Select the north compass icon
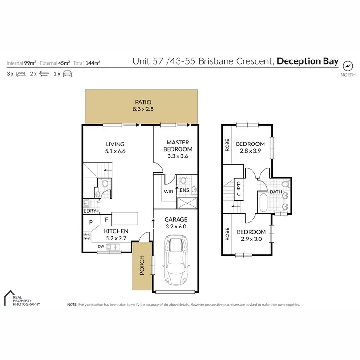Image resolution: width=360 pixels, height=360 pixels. pos(348,67)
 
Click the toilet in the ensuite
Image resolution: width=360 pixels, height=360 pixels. pos(183,181)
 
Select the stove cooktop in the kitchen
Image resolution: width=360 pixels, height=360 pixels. pos(87,236)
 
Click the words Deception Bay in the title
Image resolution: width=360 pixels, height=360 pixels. pos(308,61)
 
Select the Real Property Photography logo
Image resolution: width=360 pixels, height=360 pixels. pos(22,298)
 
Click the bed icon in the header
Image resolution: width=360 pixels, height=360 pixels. pos(20,74)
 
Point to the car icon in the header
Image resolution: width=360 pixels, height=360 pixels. pos(67,74)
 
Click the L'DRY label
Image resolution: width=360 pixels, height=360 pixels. pos(90,211)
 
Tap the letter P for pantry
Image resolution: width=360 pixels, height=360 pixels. pos(90,222)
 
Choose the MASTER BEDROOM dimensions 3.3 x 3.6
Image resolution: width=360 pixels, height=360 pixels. pos(178,156)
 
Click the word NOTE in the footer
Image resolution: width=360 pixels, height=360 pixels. pos(72,305)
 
